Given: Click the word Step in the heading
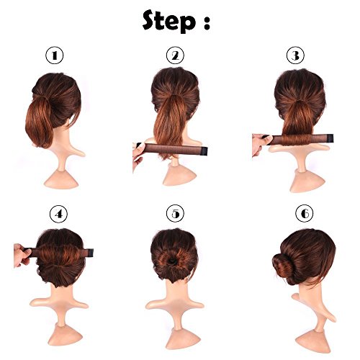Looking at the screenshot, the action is coord(169,22).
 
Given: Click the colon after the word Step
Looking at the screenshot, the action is coord(207,24).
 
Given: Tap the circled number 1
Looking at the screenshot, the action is coord(55,55).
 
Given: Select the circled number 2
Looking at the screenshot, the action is coord(175,55).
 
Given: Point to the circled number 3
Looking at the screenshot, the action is coord(295,55).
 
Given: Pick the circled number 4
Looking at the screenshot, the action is coord(59,214).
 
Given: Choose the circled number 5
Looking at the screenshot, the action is coord(175,214).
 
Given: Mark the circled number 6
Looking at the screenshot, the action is coord(305,213).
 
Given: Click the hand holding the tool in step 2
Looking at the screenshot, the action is coord(139,157).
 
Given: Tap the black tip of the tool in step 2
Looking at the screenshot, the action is coord(204,151).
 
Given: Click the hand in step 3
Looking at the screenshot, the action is coord(261,144).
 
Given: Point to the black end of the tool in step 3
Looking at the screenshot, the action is coord(330,138).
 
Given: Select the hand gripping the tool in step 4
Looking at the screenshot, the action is coord(22,255).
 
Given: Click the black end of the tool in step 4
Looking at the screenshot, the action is coord(90,253).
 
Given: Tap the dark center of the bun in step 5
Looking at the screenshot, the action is coord(173,261).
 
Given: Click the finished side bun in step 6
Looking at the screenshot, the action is coord(284,265).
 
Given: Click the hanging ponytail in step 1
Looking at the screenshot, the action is coord(39,123).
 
